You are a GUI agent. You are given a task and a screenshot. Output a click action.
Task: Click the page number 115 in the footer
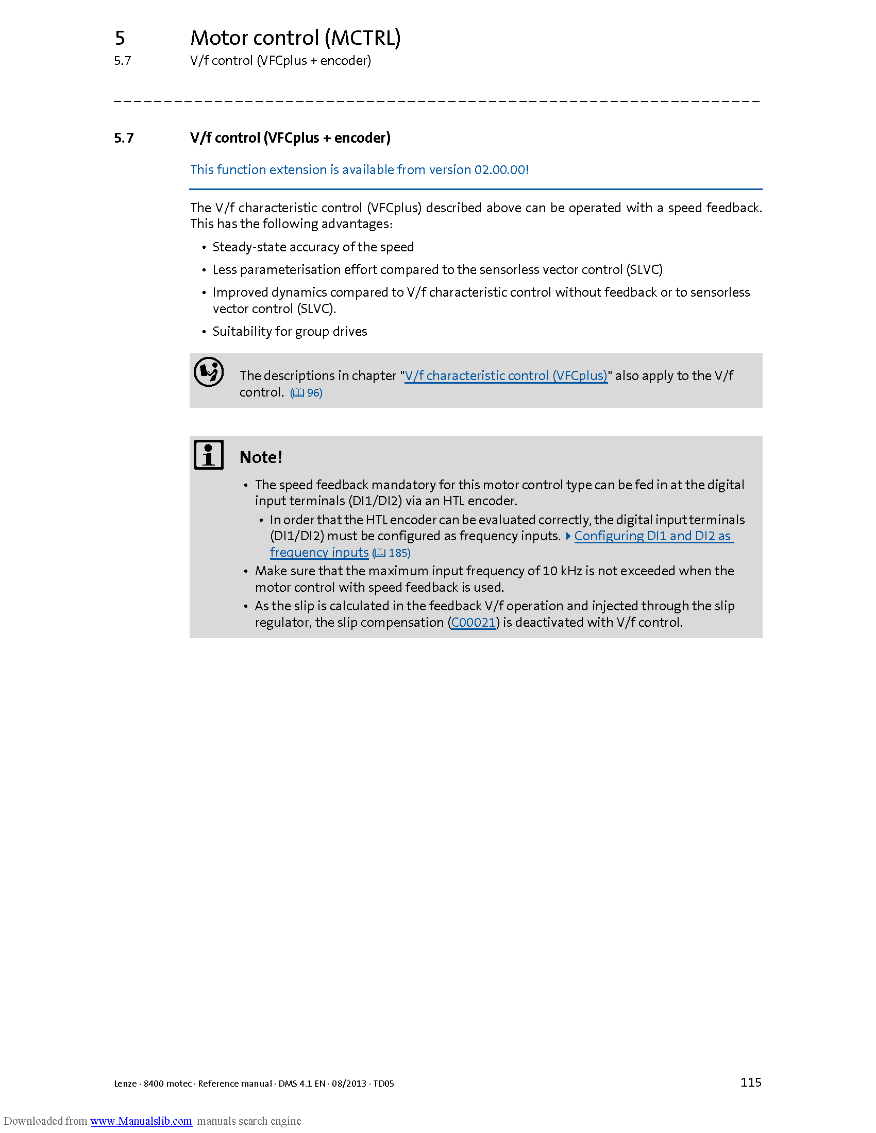[750, 1082]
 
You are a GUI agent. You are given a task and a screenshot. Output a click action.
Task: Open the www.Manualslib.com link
[141, 1121]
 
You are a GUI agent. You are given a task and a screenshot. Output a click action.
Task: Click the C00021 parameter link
[473, 622]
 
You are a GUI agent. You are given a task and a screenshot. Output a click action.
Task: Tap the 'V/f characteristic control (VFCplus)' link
[506, 375]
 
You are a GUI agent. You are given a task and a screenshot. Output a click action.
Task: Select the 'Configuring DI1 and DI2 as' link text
[652, 536]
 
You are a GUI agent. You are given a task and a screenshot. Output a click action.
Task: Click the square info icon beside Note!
[209, 454]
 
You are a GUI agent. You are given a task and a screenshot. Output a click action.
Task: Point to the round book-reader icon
[209, 372]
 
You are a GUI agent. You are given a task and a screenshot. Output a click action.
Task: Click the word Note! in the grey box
[261, 457]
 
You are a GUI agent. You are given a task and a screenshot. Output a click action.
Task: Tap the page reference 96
[314, 393]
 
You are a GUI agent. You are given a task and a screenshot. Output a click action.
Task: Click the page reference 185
[398, 553]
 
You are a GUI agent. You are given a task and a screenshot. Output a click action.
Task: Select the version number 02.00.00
[500, 169]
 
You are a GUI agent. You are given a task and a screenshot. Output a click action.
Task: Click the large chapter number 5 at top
[120, 38]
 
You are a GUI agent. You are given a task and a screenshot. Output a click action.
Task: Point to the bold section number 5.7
[124, 138]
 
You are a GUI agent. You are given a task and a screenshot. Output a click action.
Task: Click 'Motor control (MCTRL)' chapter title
[295, 38]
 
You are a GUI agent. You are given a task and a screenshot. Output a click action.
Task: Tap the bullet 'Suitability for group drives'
[290, 332]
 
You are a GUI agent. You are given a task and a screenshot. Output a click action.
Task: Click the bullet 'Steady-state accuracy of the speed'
[313, 247]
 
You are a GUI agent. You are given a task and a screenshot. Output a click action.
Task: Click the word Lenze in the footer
[125, 1084]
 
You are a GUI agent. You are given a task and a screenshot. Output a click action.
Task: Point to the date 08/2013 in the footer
[349, 1084]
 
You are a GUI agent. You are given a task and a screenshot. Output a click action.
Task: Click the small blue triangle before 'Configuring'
[568, 536]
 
